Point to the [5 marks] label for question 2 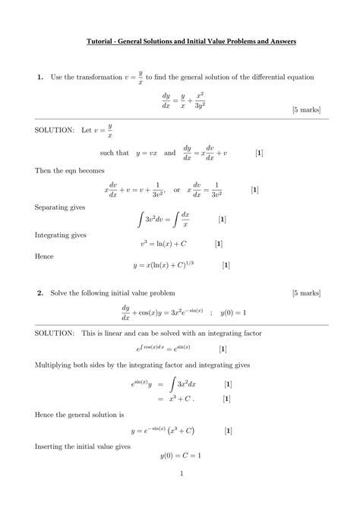click(x=310, y=292)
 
